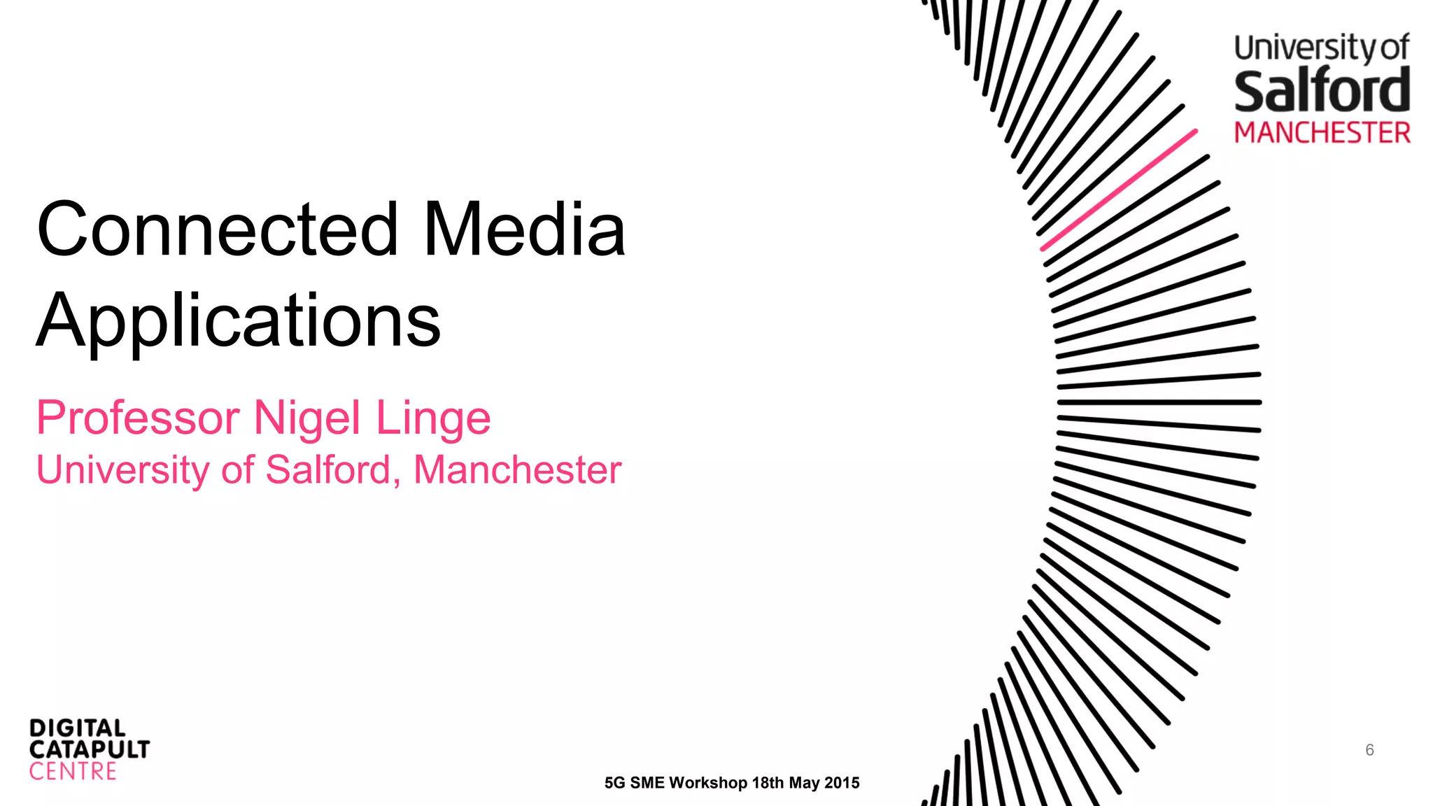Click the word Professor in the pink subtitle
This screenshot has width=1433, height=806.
(x=138, y=418)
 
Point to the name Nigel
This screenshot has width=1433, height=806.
(x=307, y=418)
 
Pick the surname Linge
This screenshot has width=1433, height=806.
(x=433, y=418)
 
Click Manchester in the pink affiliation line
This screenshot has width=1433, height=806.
(x=517, y=469)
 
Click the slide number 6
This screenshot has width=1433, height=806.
(x=1369, y=750)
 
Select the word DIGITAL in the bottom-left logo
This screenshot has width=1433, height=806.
(x=77, y=728)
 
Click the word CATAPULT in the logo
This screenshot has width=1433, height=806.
(x=90, y=749)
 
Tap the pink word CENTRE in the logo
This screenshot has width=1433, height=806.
(x=73, y=772)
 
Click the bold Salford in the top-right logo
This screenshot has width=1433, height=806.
(x=1322, y=91)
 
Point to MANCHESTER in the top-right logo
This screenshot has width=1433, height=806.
(x=1322, y=133)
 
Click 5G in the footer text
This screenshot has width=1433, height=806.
(x=615, y=783)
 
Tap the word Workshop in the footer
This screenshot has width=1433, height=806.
(x=707, y=783)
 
